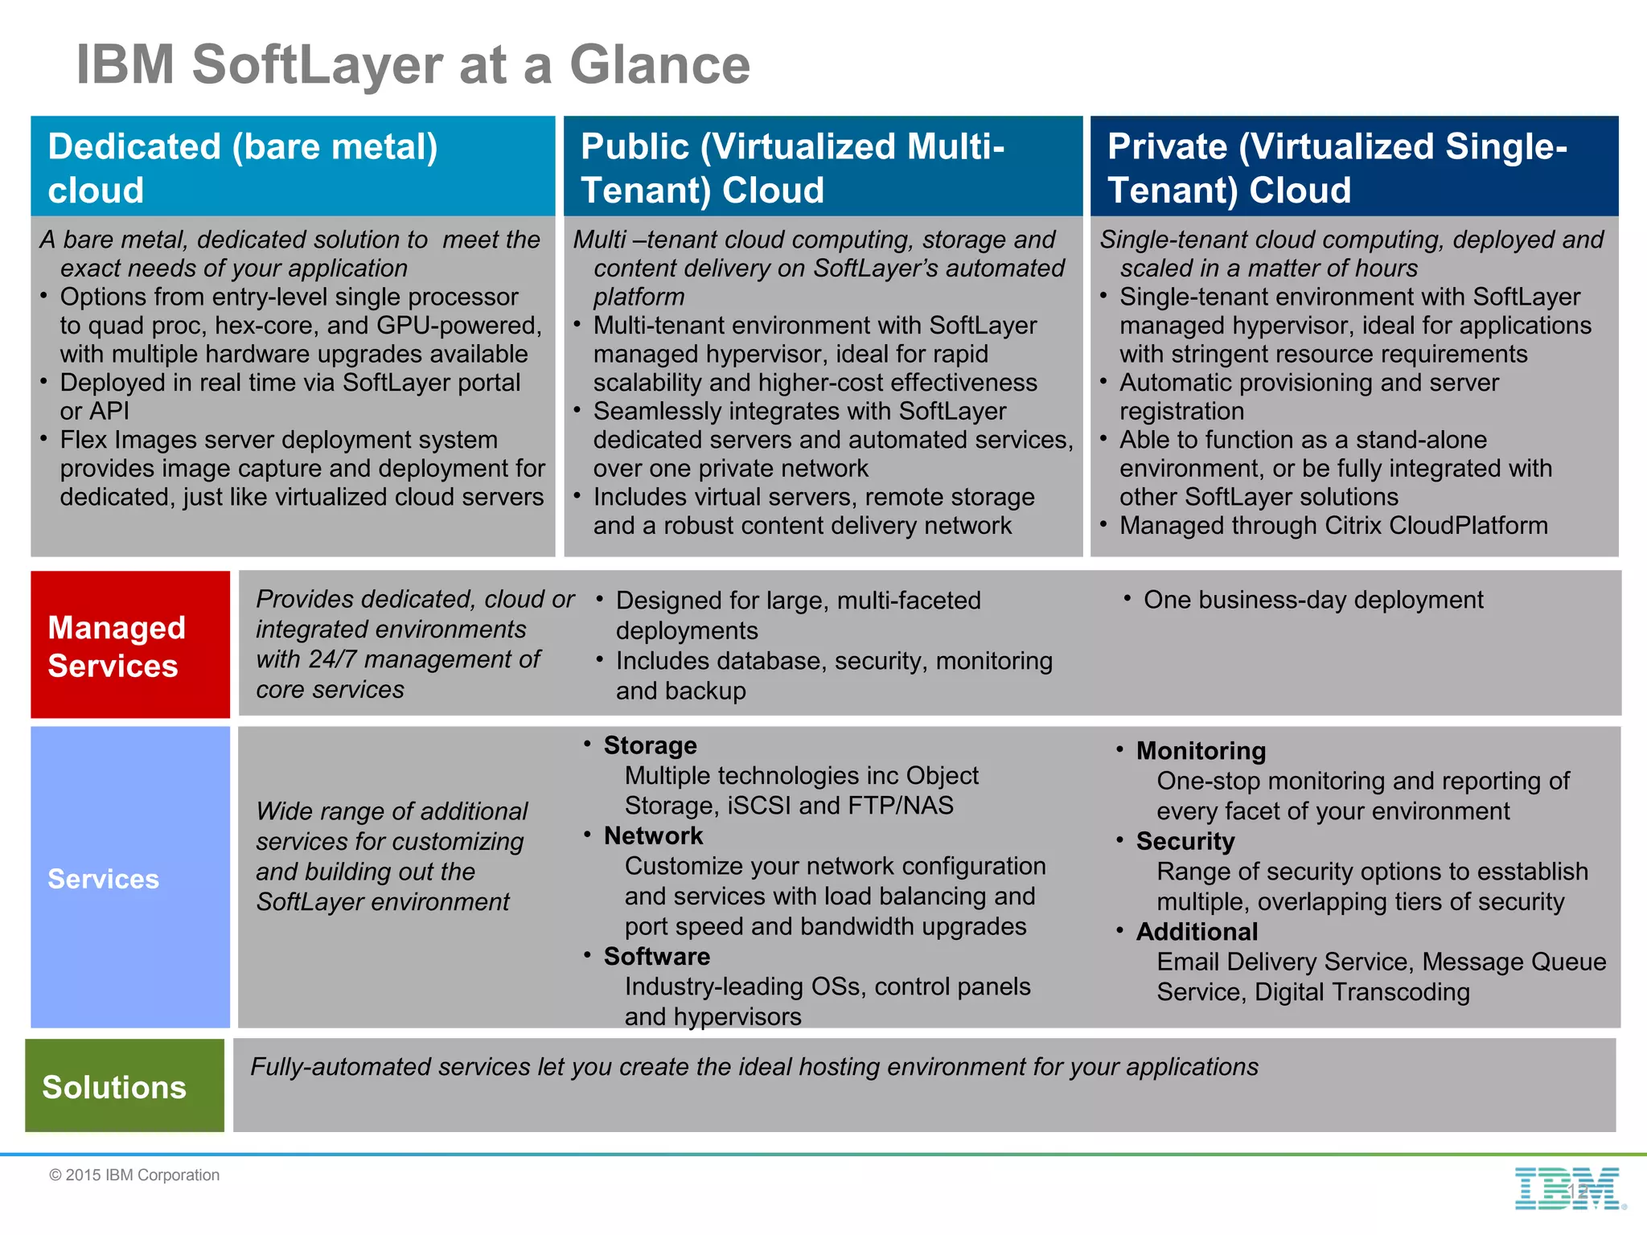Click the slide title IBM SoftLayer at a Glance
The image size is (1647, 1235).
tap(413, 64)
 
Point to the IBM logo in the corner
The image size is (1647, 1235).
tap(1567, 1188)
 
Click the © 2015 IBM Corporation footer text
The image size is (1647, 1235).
tap(134, 1175)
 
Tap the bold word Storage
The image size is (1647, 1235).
tap(650, 745)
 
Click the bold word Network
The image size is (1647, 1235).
tap(653, 836)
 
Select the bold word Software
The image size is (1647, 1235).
tap(656, 957)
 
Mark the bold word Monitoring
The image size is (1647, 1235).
tap(1201, 751)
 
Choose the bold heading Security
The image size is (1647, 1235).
tap(1185, 842)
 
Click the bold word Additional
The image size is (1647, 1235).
tap(1197, 932)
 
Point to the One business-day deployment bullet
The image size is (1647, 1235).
tap(1312, 600)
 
